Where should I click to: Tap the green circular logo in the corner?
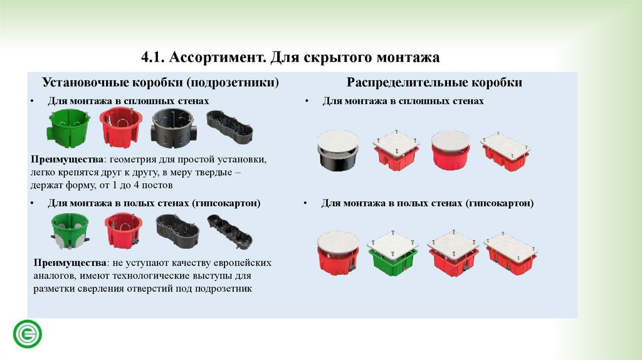click(x=28, y=334)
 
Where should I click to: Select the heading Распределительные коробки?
click(x=434, y=82)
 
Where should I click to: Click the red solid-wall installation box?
click(x=120, y=127)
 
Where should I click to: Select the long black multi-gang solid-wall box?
click(x=229, y=126)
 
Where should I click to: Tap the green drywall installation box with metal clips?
click(x=70, y=231)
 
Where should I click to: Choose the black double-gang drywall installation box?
click(x=177, y=231)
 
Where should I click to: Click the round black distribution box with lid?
click(x=338, y=151)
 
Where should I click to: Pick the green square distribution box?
click(x=392, y=254)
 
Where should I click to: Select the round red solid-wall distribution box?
click(x=450, y=150)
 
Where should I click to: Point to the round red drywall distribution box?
click(x=338, y=253)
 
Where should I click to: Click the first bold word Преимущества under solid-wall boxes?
click(x=66, y=159)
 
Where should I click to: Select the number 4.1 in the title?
click(x=153, y=57)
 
